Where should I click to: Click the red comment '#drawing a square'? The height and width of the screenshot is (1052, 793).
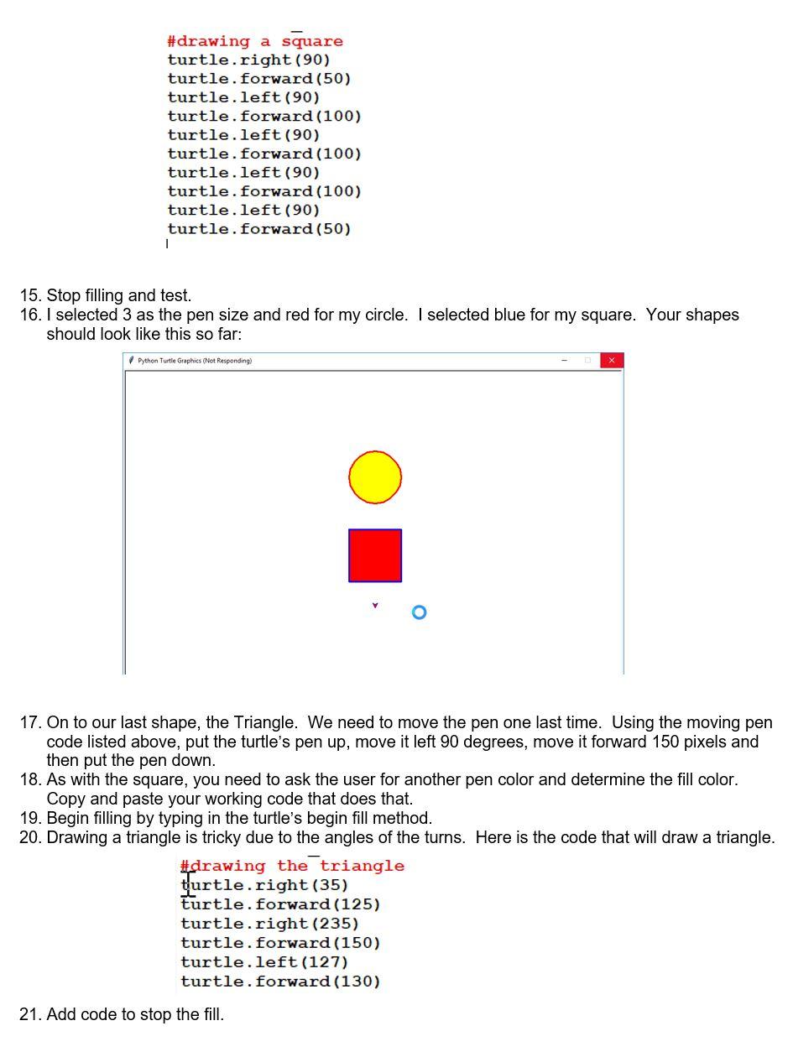coord(255,41)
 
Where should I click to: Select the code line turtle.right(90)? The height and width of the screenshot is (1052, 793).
coord(248,60)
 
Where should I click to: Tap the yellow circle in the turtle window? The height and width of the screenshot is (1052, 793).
coord(375,477)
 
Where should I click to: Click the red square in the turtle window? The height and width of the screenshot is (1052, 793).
coord(375,555)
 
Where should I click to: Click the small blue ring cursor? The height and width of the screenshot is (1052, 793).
coord(420,612)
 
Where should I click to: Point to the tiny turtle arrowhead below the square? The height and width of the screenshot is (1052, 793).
coord(375,605)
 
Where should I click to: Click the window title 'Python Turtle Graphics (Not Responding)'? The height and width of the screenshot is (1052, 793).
coord(195,361)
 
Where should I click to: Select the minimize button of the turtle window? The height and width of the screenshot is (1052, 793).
coord(564,361)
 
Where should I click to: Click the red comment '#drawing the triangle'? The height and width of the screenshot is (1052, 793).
coord(292,866)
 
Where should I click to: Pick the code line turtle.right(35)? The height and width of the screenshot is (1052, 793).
coord(264,885)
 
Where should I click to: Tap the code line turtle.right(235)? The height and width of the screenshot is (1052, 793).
coord(269,924)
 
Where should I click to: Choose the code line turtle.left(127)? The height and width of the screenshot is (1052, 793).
coord(264,962)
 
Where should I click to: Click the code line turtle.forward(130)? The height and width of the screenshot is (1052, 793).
coord(280,982)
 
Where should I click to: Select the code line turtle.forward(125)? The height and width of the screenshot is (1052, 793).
coord(280,904)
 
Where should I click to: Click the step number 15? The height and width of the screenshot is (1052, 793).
coord(30,295)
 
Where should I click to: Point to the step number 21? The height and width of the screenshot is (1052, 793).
coord(30,1015)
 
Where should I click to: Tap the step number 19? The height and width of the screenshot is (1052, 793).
coord(30,818)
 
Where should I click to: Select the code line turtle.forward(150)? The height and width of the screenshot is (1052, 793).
coord(280,943)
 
